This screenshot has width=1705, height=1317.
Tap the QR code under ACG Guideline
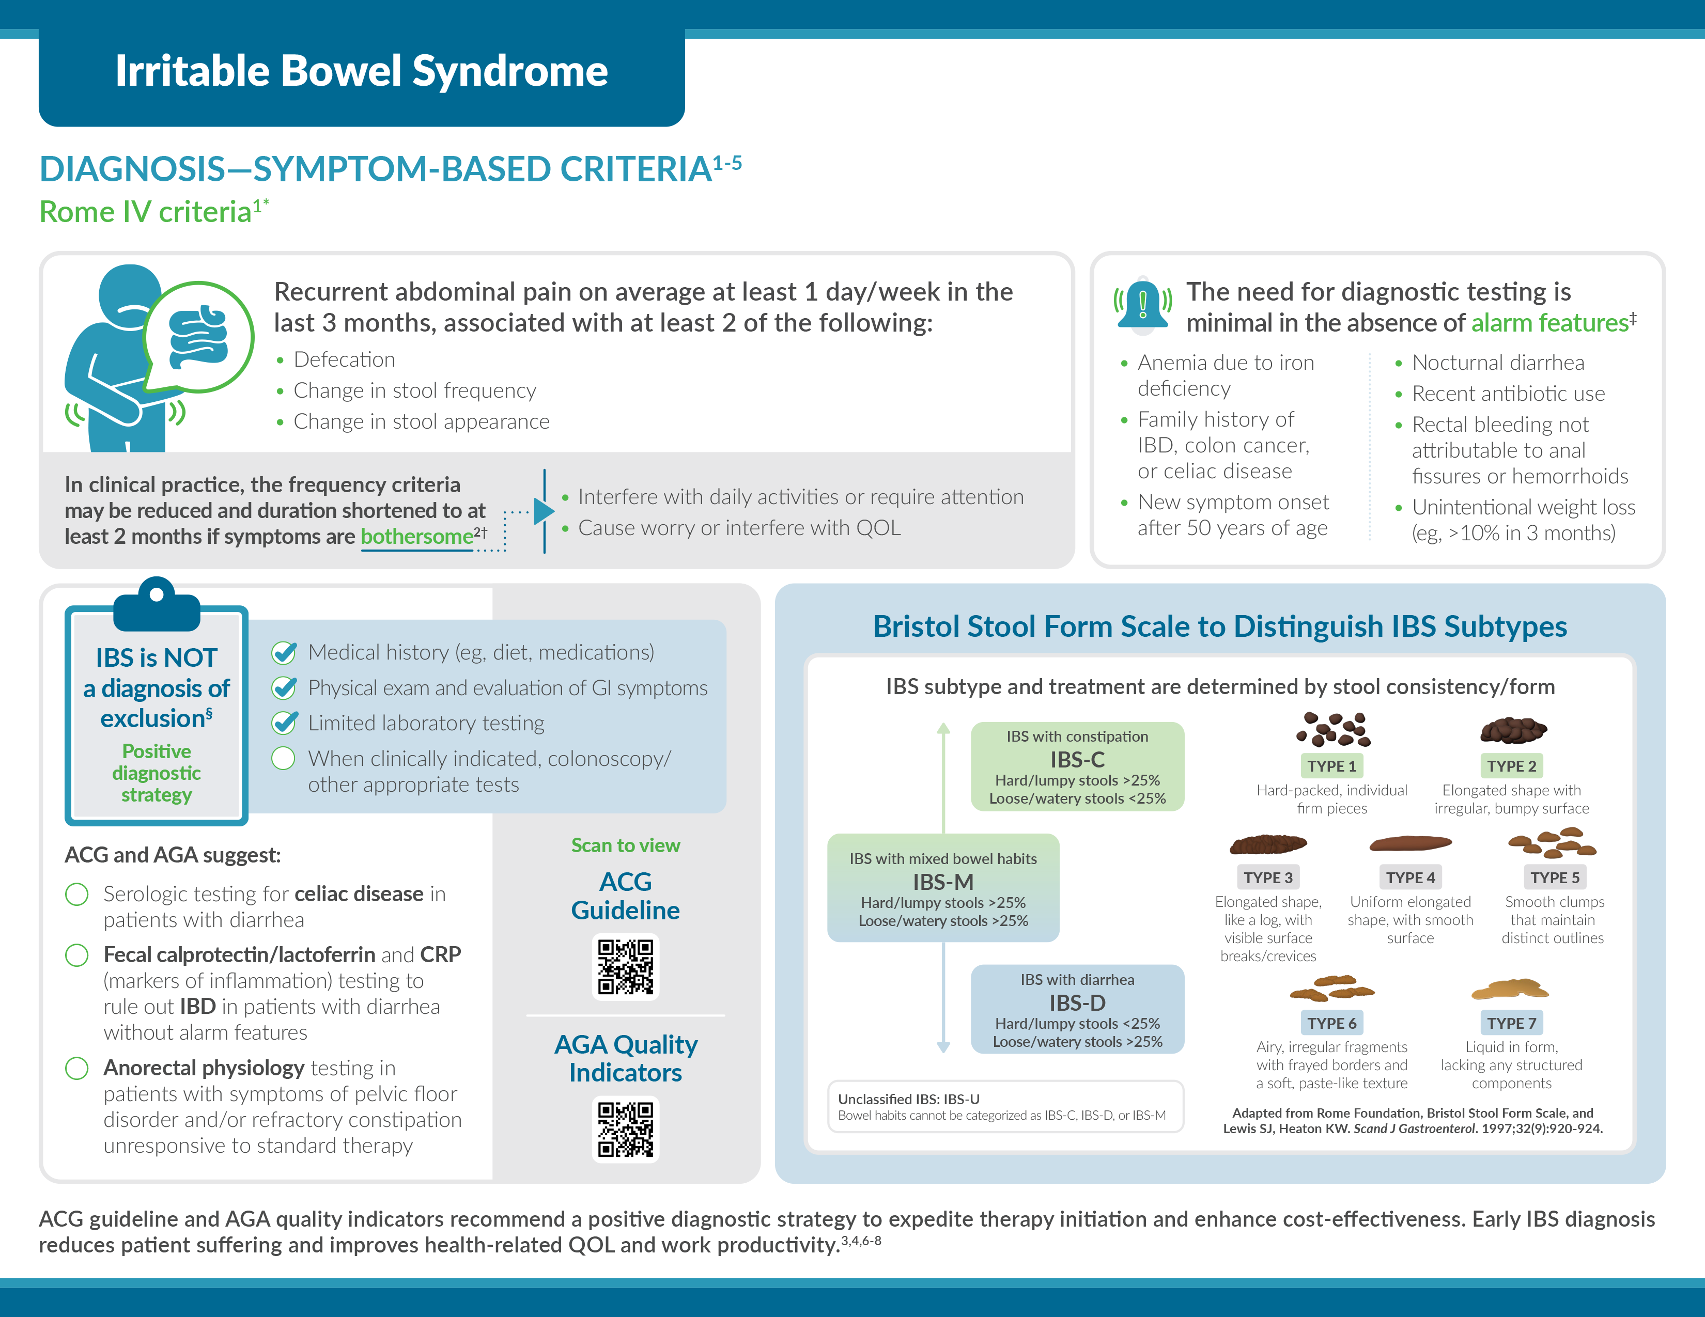pos(625,967)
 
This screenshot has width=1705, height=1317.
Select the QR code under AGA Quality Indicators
pos(625,1129)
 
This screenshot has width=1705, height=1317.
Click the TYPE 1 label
pos(1332,766)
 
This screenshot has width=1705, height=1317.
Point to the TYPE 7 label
pos(1511,1023)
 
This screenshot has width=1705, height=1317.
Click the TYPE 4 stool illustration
pos(1411,843)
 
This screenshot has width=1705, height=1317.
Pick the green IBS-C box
pos(1077,766)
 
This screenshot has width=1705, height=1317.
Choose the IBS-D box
pos(1077,1010)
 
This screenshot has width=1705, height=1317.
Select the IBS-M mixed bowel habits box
pos(943,888)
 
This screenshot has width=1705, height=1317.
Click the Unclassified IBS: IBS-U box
pos(1005,1106)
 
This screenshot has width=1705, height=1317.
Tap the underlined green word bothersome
pos(416,537)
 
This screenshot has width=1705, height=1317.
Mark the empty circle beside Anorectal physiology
pos(76,1068)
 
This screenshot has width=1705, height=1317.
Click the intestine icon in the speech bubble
pos(199,336)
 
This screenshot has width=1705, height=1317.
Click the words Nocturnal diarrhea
pos(1498,363)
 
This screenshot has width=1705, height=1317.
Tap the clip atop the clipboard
pos(157,602)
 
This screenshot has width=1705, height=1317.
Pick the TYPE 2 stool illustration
pos(1513,730)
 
